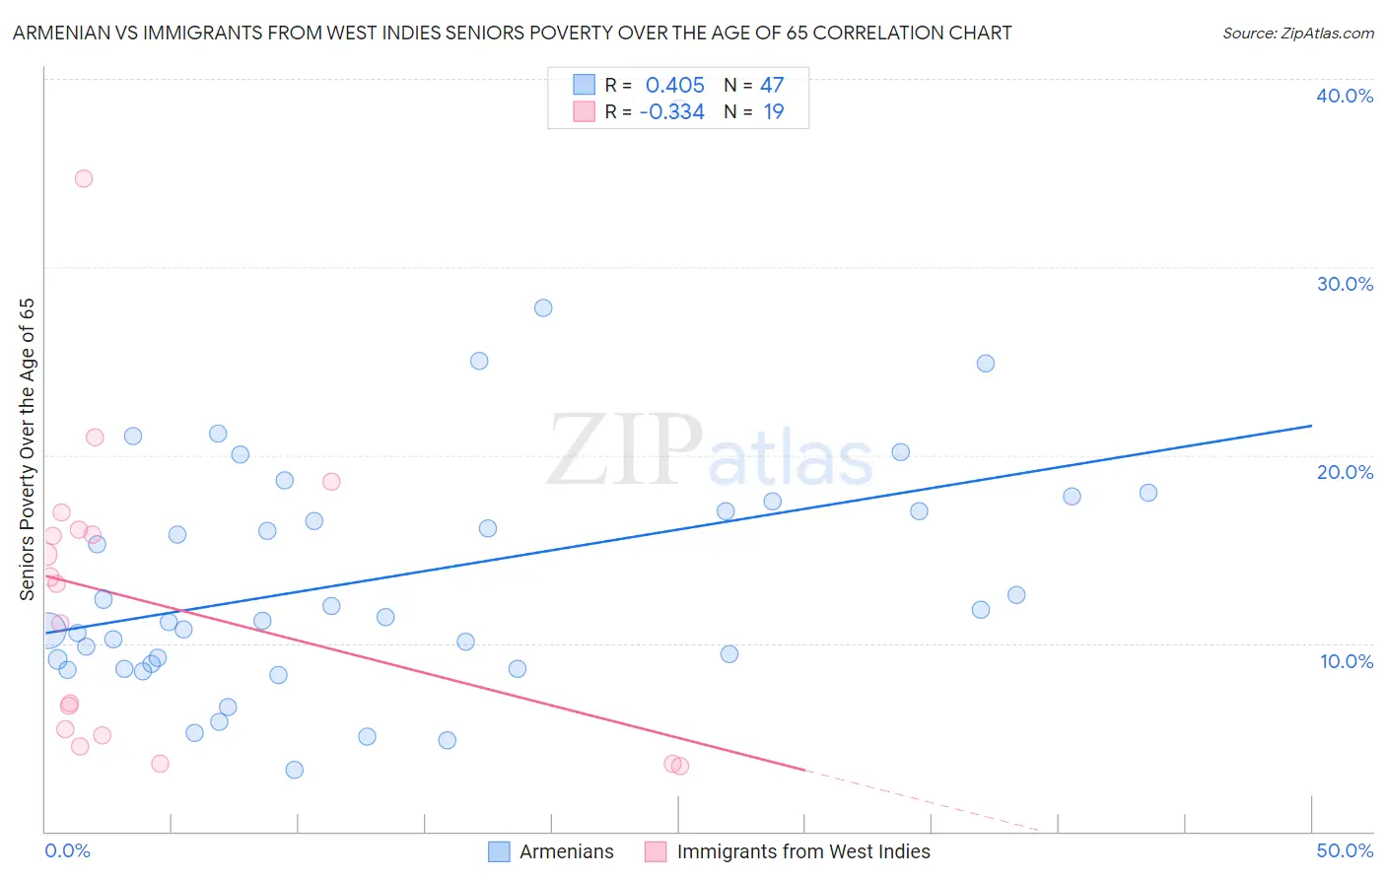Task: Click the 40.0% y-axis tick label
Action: coord(1345,96)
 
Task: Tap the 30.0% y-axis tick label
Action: coord(1345,284)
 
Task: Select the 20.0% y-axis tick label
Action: coord(1345,472)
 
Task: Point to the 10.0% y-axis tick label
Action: coord(1347,661)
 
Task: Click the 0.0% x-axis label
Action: coord(67,850)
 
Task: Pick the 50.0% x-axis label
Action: coord(1345,850)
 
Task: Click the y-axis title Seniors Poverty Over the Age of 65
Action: coord(28,448)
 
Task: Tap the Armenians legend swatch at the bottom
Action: coord(500,851)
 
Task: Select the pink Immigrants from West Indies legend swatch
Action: coord(656,851)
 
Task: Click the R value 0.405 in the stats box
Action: coord(674,85)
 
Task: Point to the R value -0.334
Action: coord(671,111)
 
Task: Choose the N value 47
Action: coord(772,85)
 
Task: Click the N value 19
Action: coord(774,111)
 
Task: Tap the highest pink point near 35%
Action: coord(84,178)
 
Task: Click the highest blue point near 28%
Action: coord(543,307)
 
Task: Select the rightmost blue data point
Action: coord(1148,493)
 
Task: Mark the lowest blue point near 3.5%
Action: coord(294,770)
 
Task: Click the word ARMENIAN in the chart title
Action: coord(60,33)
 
